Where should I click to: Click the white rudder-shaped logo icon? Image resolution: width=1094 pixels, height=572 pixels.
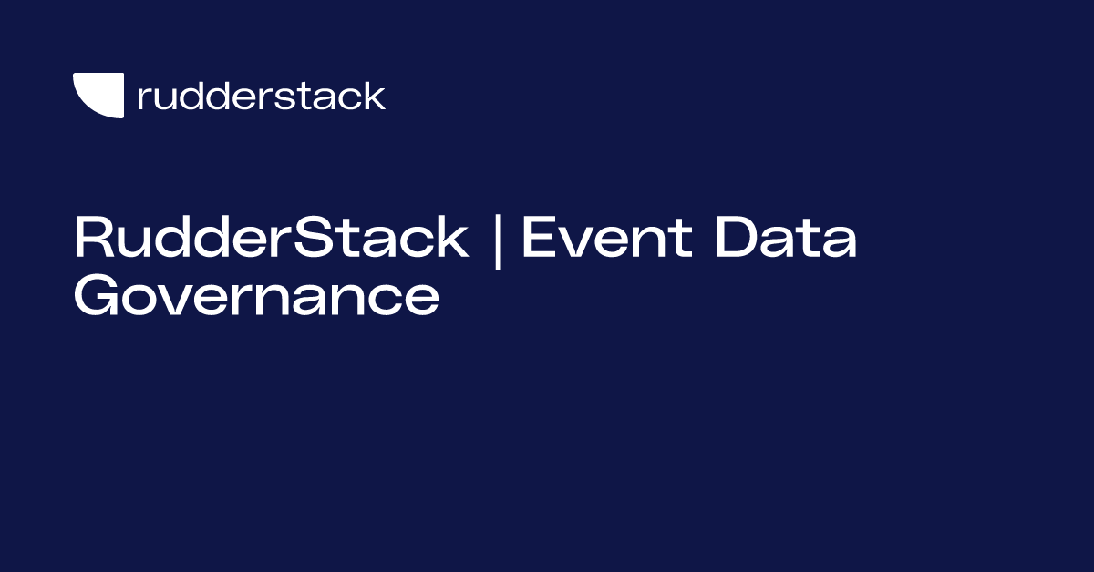98,96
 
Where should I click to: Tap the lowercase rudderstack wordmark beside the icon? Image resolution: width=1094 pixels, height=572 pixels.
261,96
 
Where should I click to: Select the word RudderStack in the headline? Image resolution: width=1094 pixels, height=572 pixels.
271,239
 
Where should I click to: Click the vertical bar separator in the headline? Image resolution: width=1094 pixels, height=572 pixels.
497,240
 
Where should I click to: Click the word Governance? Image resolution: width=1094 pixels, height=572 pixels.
256,297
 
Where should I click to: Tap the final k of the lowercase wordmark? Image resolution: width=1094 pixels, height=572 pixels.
375,96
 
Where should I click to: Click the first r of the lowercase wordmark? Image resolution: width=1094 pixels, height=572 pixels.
143,98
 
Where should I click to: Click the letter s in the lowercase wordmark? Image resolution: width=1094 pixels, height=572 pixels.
295,98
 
